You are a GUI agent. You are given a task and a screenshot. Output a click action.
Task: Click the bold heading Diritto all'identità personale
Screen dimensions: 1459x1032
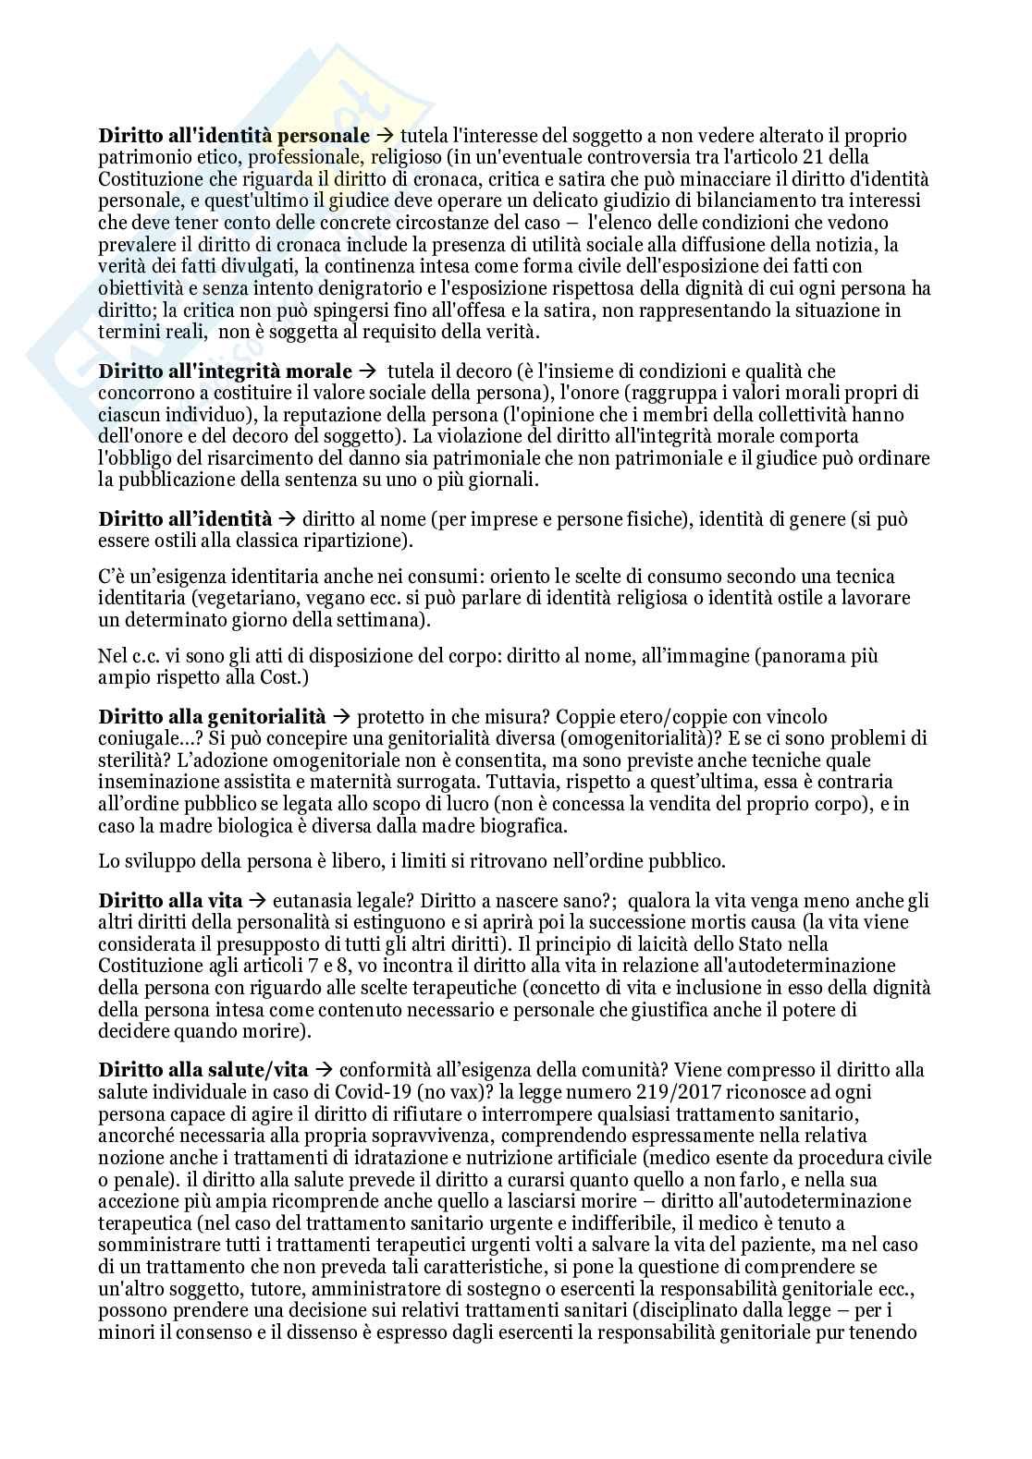234,136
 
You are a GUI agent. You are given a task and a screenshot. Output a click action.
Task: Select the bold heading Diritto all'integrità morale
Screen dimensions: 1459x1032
225,371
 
